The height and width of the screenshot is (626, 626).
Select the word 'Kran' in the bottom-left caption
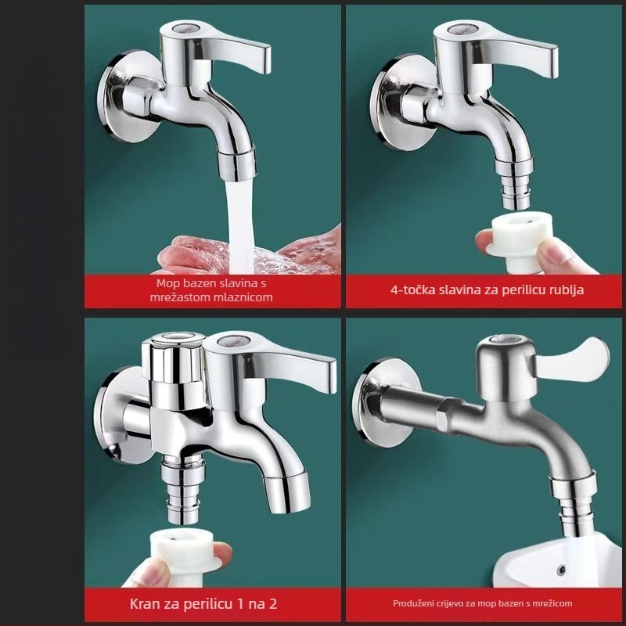pos(145,603)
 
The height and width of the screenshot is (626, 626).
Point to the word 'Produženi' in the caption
pos(412,603)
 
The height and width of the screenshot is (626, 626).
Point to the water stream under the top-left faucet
pos(239,225)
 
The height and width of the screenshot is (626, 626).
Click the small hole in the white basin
pos(562,569)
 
